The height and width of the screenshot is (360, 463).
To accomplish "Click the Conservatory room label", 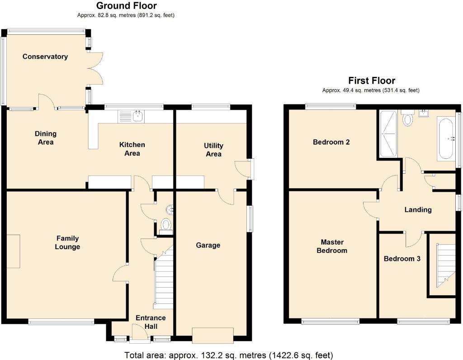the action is tap(45, 57).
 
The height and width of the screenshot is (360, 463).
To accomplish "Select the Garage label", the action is tap(208, 245).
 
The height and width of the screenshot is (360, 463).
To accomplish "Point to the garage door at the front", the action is tap(213, 336).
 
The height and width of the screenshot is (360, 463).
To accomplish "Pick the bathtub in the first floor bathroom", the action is tap(446, 139).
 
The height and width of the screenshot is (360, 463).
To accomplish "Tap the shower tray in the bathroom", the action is tap(387, 133).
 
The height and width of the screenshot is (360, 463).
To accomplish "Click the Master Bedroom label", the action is tap(332, 246).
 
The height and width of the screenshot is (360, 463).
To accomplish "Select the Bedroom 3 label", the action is tap(402, 259).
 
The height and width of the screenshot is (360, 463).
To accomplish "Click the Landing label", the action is tap(418, 210).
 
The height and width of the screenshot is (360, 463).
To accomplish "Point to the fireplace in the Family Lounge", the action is tap(13, 251).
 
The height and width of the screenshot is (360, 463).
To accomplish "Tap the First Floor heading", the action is tap(372, 81).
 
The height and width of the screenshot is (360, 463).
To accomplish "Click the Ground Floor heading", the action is tap(127, 5).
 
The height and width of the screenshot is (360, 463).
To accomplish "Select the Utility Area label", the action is tap(213, 150).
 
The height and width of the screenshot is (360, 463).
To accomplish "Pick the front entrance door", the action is tap(139, 334).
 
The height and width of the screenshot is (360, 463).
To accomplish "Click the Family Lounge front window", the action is tap(61, 322).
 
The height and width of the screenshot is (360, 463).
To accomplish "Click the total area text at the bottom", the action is tap(228, 355).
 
